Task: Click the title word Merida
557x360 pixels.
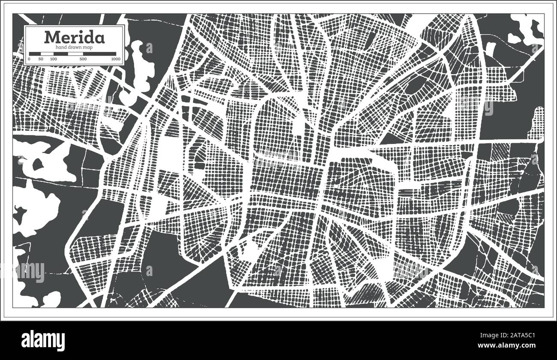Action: click(x=74, y=37)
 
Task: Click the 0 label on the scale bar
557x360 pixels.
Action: click(x=29, y=59)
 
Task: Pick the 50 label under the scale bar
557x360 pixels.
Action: click(x=41, y=59)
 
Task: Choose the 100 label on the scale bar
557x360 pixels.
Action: click(x=53, y=59)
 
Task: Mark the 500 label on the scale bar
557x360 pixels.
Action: click(x=83, y=59)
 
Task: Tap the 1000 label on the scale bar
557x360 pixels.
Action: click(x=115, y=59)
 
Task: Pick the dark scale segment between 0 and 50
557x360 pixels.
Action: click(x=35, y=54)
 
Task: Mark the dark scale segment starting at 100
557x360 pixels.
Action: click(x=60, y=54)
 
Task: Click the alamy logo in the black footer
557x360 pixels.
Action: click(x=45, y=339)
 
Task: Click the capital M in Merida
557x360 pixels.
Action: click(x=52, y=37)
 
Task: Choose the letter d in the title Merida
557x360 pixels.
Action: click(x=87, y=37)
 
